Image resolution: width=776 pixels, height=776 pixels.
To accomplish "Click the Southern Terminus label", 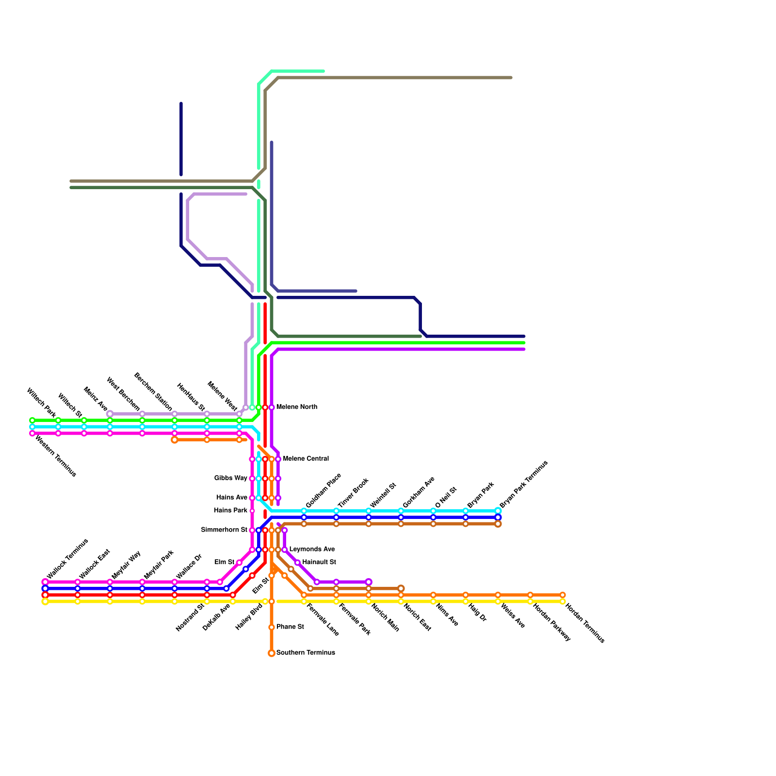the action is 306,653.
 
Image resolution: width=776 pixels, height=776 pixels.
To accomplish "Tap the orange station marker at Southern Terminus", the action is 272,653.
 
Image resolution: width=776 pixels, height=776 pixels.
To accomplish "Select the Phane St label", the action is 290,627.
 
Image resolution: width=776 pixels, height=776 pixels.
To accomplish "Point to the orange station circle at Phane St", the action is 272,627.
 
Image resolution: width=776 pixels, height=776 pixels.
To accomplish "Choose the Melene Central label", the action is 306,458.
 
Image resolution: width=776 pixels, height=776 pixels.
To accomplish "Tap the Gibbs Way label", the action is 231,478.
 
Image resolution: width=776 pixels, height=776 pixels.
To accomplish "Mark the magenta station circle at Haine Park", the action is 252,511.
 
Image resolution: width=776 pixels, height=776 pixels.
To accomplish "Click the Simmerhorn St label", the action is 224,530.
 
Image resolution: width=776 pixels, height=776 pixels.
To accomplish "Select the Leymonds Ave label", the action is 312,550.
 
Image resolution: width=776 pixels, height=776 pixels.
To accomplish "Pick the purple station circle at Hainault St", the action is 297,563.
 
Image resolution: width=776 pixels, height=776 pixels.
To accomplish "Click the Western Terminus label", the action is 56,456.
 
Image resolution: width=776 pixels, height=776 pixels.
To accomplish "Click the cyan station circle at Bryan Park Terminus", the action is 498,511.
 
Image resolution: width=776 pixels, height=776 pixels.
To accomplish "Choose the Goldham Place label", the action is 323,490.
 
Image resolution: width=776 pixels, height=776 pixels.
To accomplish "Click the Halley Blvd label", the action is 249,616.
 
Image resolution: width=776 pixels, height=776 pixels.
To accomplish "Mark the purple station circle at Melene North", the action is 272,407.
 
